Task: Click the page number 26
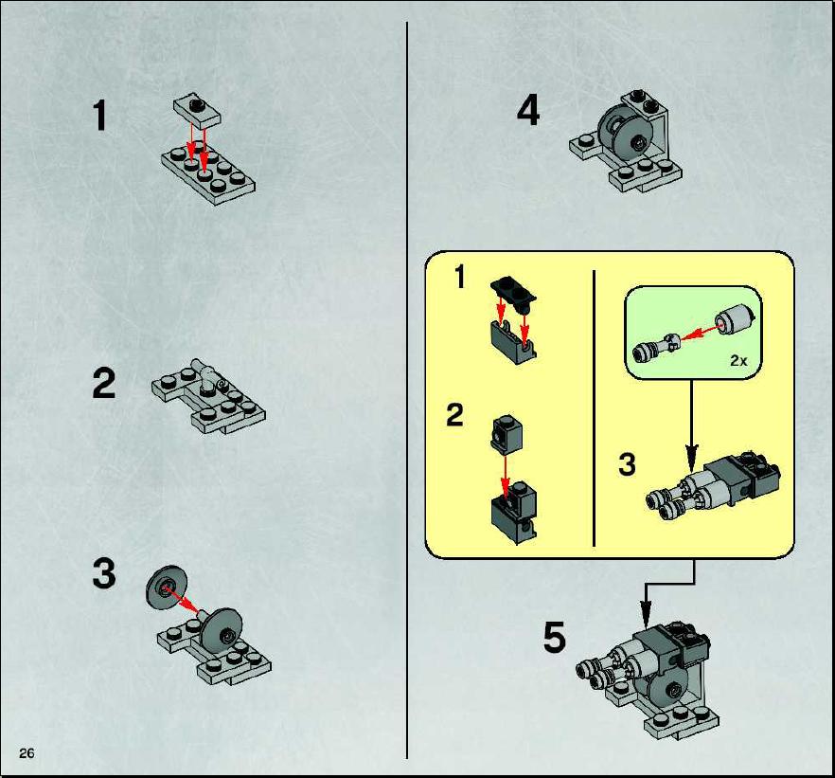point(27,752)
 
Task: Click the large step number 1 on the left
point(100,116)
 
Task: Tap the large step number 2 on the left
point(103,384)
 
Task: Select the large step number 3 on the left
point(104,573)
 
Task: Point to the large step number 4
point(528,110)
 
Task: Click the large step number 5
point(555,638)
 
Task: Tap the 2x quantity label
point(738,361)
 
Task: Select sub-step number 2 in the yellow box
point(454,415)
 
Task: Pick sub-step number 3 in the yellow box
point(628,464)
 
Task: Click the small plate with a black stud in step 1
point(197,112)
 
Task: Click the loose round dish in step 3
point(167,587)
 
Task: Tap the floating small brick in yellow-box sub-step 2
point(506,434)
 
